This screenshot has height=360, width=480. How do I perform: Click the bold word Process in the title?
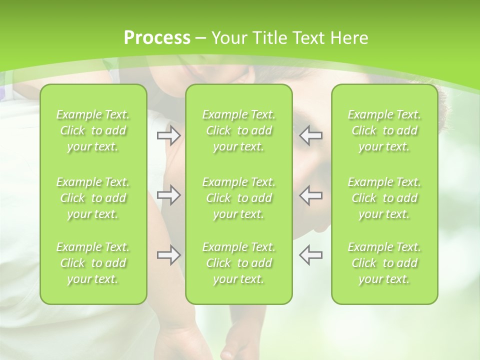click(x=157, y=38)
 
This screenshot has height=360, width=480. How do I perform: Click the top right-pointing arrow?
click(x=168, y=135)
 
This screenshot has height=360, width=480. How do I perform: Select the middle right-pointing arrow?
click(x=168, y=195)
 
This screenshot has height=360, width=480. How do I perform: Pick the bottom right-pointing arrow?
click(x=168, y=255)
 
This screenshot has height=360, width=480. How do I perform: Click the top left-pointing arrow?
click(x=311, y=135)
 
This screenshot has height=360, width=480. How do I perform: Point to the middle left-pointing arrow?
click(x=311, y=195)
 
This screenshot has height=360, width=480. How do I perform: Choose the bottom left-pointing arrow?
click(x=311, y=255)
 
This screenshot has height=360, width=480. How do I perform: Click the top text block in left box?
click(x=93, y=130)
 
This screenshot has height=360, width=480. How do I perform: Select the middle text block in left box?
click(x=93, y=198)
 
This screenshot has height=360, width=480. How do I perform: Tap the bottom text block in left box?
click(x=93, y=263)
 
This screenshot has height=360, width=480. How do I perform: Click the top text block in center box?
click(x=239, y=130)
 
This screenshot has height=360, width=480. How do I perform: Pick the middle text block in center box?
click(x=239, y=198)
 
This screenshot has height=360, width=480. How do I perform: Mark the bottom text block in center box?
click(x=239, y=263)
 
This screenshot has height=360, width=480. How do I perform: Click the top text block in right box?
click(x=384, y=130)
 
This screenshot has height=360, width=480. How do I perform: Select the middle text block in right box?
click(x=384, y=198)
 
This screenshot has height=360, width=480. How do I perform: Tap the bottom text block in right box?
click(x=384, y=263)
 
